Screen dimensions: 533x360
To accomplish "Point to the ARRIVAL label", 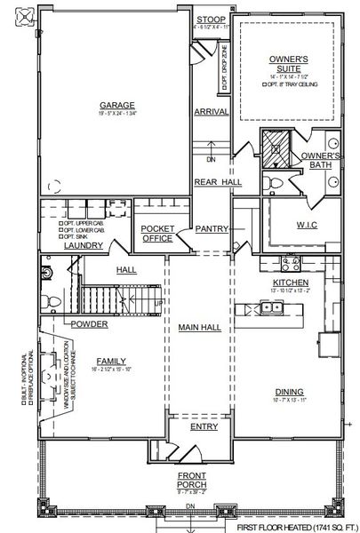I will [212, 112].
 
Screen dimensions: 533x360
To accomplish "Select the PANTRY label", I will [212, 228].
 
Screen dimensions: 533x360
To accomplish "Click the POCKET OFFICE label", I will [158, 233].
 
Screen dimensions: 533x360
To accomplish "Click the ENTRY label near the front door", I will [204, 426].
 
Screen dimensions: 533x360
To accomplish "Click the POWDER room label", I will [90, 324].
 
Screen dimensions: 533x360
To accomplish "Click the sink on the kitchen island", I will [275, 308].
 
